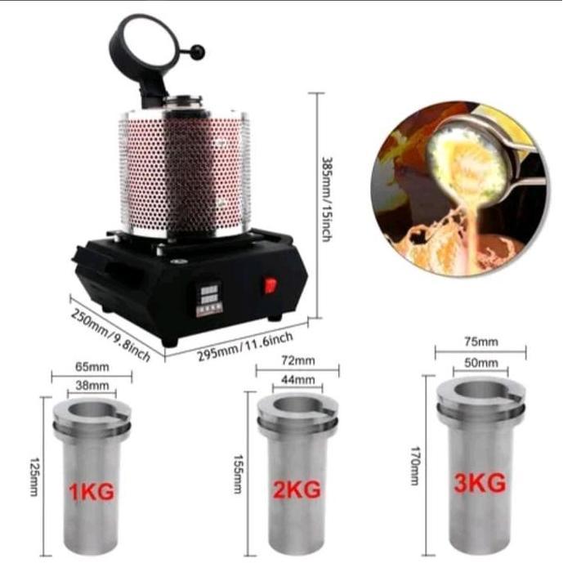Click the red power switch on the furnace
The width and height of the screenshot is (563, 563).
tap(270, 285)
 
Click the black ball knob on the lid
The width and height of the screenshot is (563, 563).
tap(199, 52)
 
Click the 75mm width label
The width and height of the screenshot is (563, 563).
tap(480, 342)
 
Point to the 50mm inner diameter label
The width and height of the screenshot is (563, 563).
tap(480, 361)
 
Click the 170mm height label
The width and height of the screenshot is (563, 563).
tap(415, 465)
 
